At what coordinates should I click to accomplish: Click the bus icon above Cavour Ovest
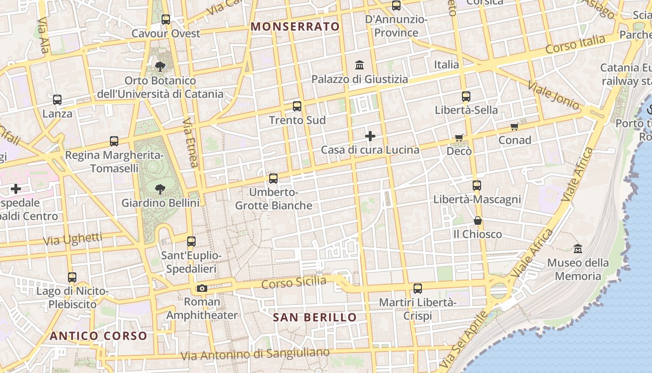tap(165, 20)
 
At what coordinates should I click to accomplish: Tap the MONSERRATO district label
tap(295, 27)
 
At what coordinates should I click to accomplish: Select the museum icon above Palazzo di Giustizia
tap(360, 65)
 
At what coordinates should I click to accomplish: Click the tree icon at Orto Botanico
tap(160, 67)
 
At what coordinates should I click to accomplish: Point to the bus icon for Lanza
tap(57, 100)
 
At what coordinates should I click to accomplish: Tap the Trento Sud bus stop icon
tap(297, 106)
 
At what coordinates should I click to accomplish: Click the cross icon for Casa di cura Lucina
tap(370, 136)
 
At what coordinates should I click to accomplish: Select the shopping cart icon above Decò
tap(459, 138)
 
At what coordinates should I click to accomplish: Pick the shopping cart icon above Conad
tap(515, 126)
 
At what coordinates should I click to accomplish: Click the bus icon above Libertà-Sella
tap(466, 97)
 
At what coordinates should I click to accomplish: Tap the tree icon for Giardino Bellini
tap(160, 189)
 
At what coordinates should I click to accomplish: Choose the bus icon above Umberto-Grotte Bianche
tap(273, 179)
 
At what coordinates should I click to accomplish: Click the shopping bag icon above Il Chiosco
tap(478, 221)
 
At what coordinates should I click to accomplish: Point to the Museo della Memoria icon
tap(578, 249)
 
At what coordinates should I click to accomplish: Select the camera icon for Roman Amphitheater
tap(202, 288)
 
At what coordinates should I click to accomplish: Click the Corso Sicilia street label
tap(294, 283)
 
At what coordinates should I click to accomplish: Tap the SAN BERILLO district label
tap(314, 318)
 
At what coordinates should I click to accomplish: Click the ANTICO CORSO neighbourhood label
tap(98, 336)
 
